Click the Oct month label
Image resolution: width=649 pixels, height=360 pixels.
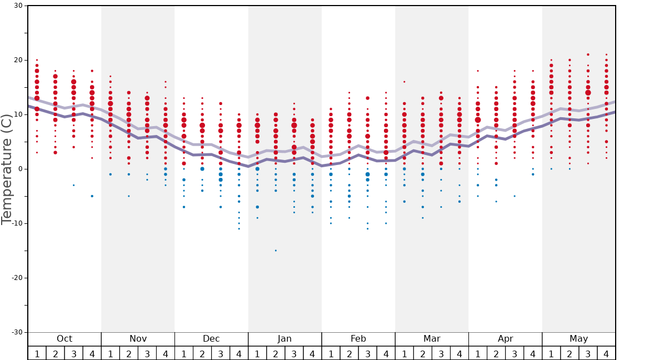tap(64, 339)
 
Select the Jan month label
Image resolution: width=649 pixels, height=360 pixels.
tap(284, 339)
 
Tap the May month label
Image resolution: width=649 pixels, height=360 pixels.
tap(578, 339)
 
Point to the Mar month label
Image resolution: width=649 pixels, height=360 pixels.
tap(432, 339)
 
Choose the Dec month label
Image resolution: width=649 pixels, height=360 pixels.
tap(211, 339)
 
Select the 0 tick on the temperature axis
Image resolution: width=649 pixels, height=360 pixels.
tap(20, 169)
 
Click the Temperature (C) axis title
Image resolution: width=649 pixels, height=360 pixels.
tap(6, 169)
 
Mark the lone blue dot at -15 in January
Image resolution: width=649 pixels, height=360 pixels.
tap(276, 251)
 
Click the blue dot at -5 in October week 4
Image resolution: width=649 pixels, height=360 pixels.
tap(92, 196)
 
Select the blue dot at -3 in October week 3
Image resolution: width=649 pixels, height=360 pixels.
tap(73, 185)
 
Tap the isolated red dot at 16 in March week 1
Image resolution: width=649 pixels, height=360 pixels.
tap(404, 82)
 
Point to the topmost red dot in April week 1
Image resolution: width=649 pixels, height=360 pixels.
tap(477, 71)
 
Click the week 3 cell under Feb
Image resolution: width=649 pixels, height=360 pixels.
tap(367, 353)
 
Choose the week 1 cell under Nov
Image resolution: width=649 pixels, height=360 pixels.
tap(110, 353)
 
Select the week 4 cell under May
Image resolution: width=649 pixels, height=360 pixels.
tap(606, 353)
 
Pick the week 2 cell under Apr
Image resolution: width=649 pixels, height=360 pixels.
tap(496, 353)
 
